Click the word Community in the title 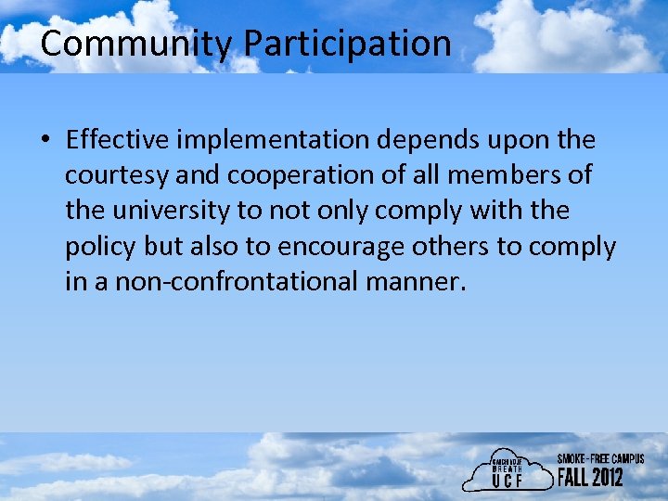[x=137, y=44]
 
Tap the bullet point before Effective [x=45, y=141]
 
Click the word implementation [x=272, y=140]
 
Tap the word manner [x=415, y=281]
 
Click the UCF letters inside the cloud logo [x=509, y=482]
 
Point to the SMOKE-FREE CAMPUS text [x=599, y=459]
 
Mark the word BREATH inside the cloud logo [x=508, y=469]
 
